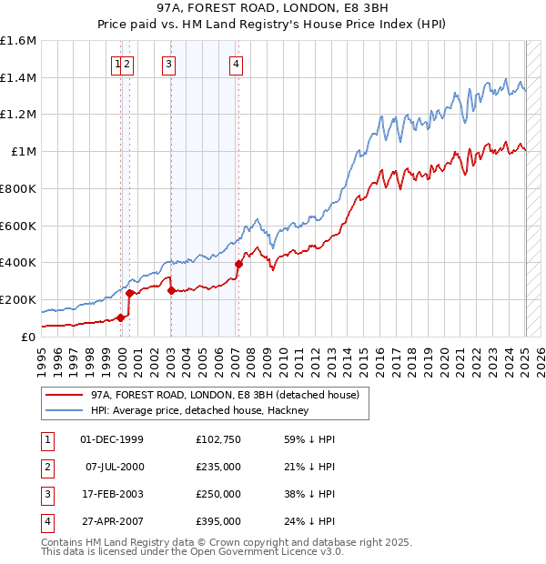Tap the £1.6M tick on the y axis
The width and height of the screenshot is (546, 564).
(x=18, y=41)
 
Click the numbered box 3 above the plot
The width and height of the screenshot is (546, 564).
(x=170, y=64)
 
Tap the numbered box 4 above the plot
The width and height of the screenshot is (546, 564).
(x=236, y=64)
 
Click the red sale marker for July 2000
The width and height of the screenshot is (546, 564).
(x=129, y=293)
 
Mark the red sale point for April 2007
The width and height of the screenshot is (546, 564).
(x=238, y=264)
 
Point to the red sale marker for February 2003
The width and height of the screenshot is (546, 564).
(x=171, y=290)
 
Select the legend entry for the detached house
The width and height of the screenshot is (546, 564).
(x=225, y=395)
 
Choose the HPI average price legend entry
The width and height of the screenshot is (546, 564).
(x=199, y=410)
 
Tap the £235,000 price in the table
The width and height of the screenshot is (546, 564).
(x=217, y=467)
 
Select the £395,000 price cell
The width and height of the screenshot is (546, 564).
(x=217, y=521)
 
